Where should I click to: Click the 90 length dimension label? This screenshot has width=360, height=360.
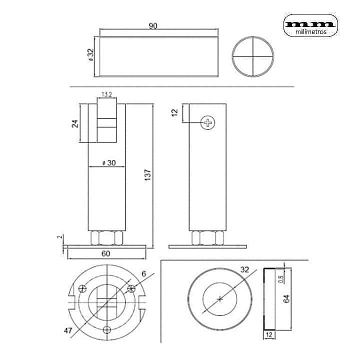(153, 25)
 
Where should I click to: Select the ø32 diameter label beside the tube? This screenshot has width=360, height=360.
(91, 54)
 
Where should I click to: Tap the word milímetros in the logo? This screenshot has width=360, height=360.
(311, 32)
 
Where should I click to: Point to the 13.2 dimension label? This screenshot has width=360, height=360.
(107, 94)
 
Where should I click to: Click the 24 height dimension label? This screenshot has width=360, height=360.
(75, 124)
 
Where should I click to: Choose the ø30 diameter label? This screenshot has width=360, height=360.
(109, 163)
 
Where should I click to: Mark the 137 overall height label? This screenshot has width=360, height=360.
(148, 175)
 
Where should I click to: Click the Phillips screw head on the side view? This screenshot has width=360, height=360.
(208, 122)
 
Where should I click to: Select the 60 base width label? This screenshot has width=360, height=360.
(105, 253)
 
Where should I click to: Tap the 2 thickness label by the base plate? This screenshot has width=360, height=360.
(60, 236)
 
